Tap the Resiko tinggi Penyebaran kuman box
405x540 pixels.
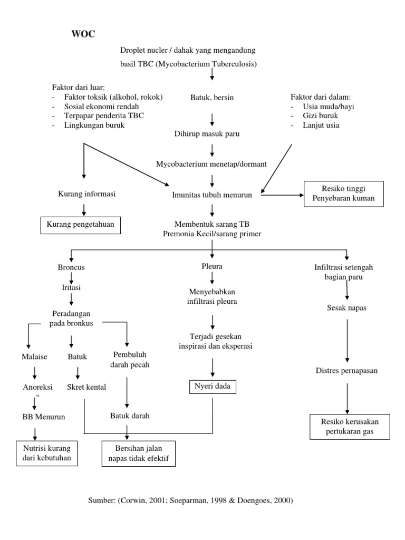pyautogui.click(x=343, y=194)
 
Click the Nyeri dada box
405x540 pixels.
pyautogui.click(x=213, y=388)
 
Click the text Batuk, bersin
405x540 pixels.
pyautogui.click(x=212, y=98)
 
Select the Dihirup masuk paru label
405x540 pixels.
pyautogui.click(x=207, y=134)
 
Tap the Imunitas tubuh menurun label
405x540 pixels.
pyautogui.click(x=211, y=195)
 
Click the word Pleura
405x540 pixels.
pyautogui.click(x=212, y=266)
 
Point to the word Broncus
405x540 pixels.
pyautogui.click(x=71, y=267)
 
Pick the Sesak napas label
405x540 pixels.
pyautogui.click(x=346, y=307)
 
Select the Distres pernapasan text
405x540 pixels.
pyautogui.click(x=346, y=370)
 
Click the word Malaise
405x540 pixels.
pyautogui.click(x=35, y=357)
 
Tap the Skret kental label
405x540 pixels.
pyautogui.click(x=86, y=387)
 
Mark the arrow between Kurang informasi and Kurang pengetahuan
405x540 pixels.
pyautogui.click(x=83, y=209)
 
